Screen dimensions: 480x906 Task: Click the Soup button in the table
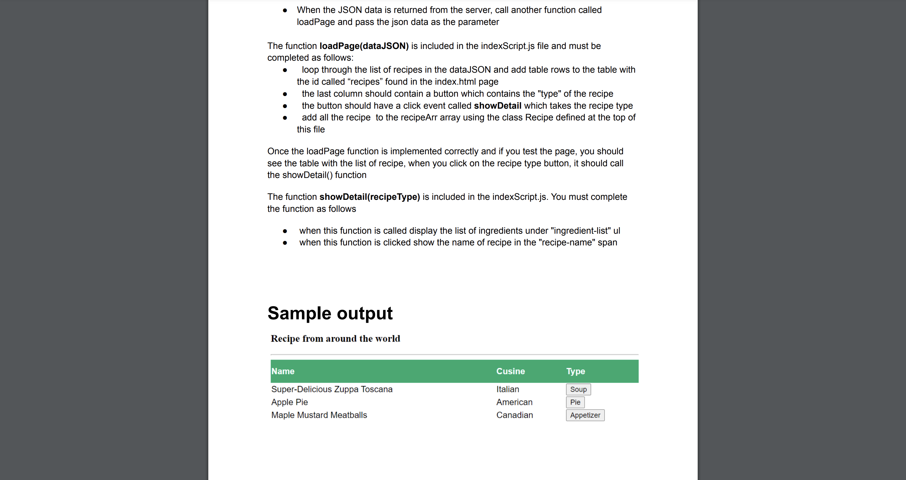[x=578, y=389]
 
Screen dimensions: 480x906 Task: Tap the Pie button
[x=575, y=402]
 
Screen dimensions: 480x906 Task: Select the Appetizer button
[x=585, y=415]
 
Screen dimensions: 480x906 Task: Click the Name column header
[x=283, y=371]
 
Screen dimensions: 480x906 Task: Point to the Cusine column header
[x=510, y=371]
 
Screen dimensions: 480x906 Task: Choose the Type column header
[x=575, y=371]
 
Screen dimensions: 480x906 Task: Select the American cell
[x=514, y=402]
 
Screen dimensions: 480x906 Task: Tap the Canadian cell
[x=515, y=415]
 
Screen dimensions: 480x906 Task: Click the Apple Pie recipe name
[x=289, y=402]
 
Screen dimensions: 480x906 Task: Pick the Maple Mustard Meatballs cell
[x=319, y=415]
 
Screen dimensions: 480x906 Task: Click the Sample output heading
[x=330, y=313]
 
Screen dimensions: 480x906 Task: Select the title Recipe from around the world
[x=335, y=339]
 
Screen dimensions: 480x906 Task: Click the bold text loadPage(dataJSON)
[x=364, y=46]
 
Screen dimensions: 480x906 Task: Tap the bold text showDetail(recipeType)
[x=369, y=197]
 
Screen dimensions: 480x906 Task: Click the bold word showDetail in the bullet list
[x=497, y=106]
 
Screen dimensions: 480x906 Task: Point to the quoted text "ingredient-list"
[x=581, y=231]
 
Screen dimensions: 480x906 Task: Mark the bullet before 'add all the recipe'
[x=285, y=118]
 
